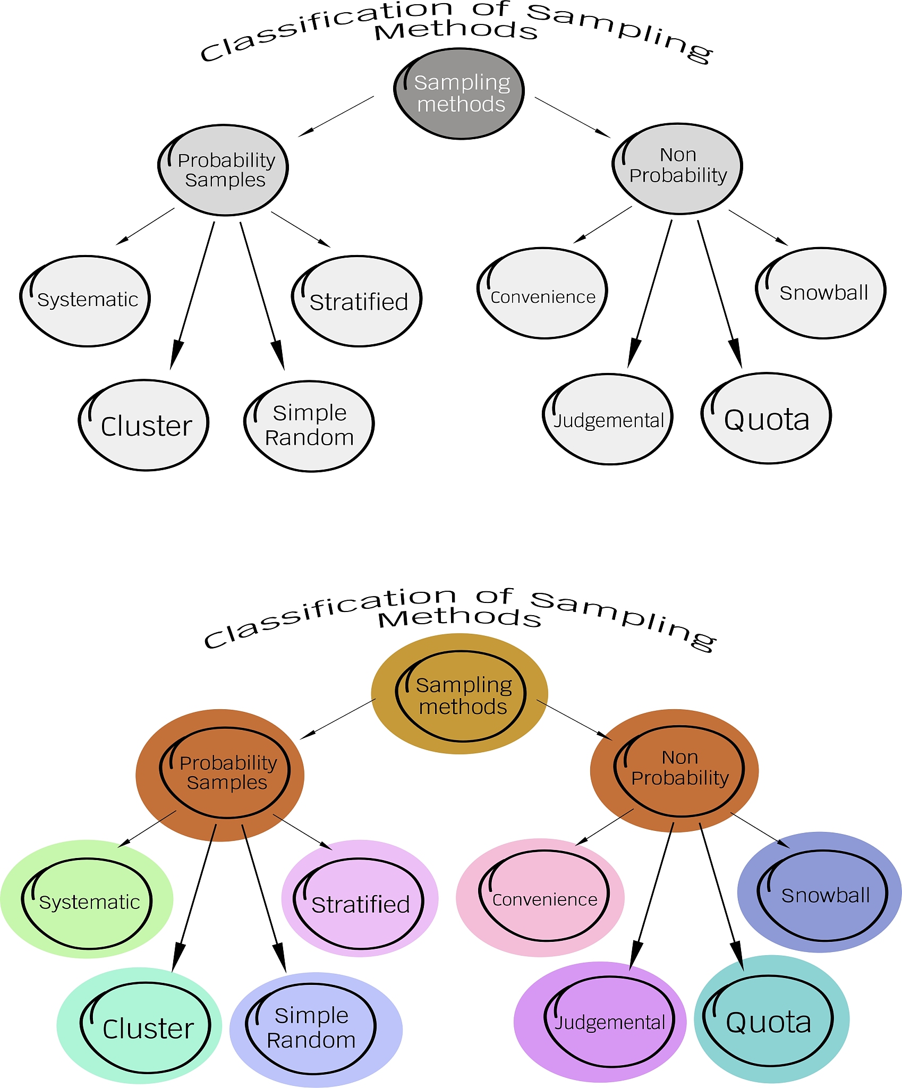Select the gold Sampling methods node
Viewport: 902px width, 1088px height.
pos(460,696)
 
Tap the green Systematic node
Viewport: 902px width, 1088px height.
pos(87,903)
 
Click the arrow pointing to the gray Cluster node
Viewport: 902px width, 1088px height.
pos(192,295)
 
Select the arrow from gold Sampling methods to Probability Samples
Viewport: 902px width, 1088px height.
pos(338,719)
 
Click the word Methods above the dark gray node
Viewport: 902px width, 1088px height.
pos(456,31)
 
